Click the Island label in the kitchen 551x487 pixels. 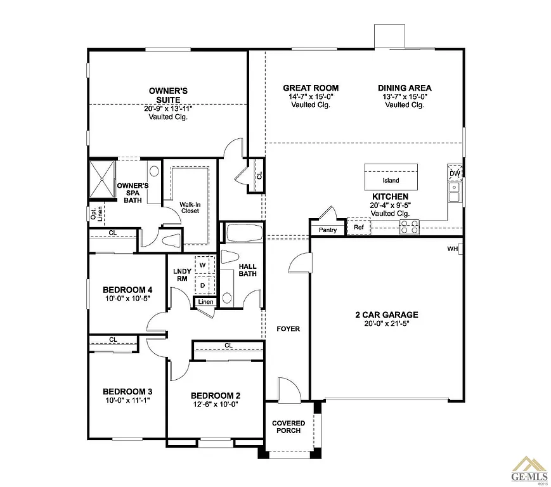click(391, 181)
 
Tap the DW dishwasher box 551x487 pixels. click(455, 173)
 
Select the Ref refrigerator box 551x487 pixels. click(359, 227)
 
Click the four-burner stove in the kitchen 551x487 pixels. click(409, 226)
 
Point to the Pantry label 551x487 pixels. click(328, 230)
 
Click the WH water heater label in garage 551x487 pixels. click(452, 249)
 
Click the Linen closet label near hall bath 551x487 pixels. click(205, 302)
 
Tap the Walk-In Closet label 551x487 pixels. click(190, 207)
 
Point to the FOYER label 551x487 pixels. click(288, 329)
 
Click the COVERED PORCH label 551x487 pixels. click(288, 427)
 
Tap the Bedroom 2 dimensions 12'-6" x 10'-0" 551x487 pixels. click(216, 405)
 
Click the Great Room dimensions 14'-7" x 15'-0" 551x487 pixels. click(311, 96)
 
